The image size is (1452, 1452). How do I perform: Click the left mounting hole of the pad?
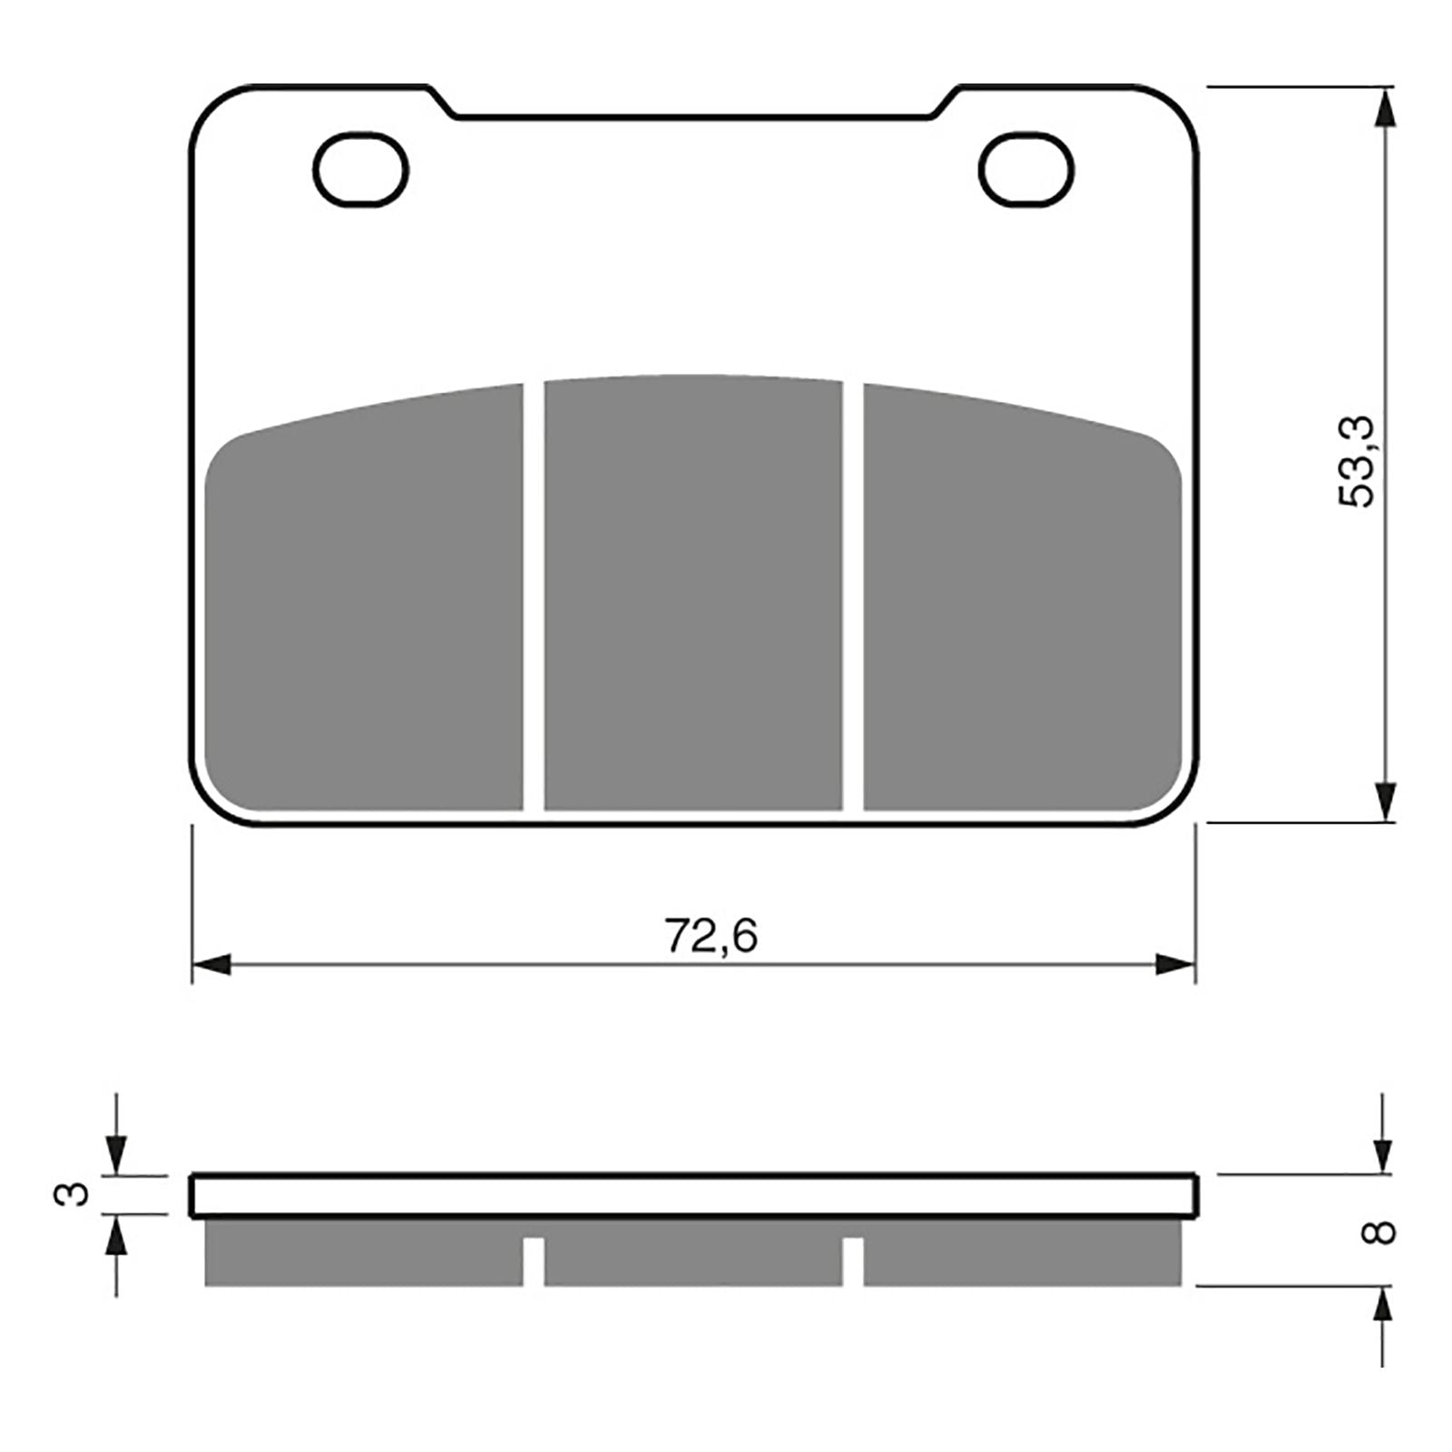[360, 169]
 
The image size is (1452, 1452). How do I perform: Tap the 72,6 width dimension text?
[711, 936]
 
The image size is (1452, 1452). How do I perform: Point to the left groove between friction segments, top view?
[534, 594]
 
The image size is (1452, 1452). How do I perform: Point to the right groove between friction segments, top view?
[853, 594]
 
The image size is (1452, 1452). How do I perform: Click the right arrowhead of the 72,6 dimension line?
[1176, 965]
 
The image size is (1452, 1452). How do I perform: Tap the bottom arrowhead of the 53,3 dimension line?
[1382, 802]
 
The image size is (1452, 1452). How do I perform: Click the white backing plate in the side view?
[693, 1196]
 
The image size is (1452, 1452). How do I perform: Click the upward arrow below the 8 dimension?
[1382, 1308]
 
